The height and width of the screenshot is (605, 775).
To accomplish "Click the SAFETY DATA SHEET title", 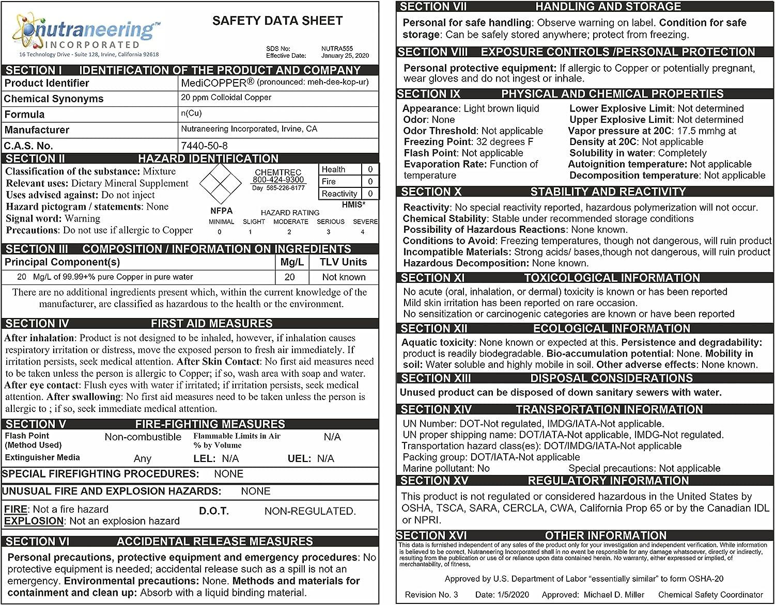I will [277, 21].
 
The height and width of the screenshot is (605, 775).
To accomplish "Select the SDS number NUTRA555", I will [337, 49].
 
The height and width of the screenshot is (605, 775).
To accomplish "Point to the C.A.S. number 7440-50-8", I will [204, 146].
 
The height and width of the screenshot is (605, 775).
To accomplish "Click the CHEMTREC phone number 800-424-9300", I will [278, 180].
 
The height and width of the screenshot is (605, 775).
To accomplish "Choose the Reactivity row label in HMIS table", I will [339, 194].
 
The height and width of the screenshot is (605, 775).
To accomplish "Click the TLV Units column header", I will [343, 262].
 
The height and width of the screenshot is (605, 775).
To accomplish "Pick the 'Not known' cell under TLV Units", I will [344, 277].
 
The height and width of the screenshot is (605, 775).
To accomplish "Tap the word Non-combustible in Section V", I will [143, 437].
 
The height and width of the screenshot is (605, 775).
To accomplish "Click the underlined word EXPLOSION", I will [34, 521].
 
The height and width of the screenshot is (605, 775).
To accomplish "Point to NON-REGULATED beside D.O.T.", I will [310, 511].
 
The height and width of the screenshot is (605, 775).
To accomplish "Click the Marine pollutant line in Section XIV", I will [446, 468].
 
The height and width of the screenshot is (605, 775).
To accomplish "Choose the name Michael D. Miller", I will [614, 595].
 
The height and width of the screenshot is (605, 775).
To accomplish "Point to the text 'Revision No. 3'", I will [431, 595].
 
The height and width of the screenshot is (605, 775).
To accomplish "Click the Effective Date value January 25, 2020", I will [345, 56].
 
